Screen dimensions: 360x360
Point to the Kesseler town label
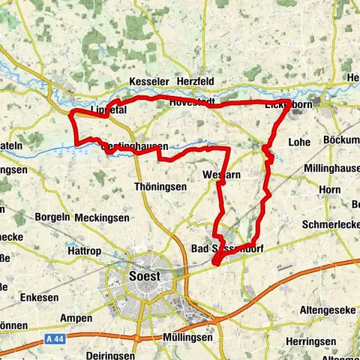click(149, 81)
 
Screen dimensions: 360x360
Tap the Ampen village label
click(76, 318)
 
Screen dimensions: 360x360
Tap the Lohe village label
click(300, 141)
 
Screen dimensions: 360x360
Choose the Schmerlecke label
click(331, 224)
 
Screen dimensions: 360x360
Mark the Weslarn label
click(221, 175)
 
